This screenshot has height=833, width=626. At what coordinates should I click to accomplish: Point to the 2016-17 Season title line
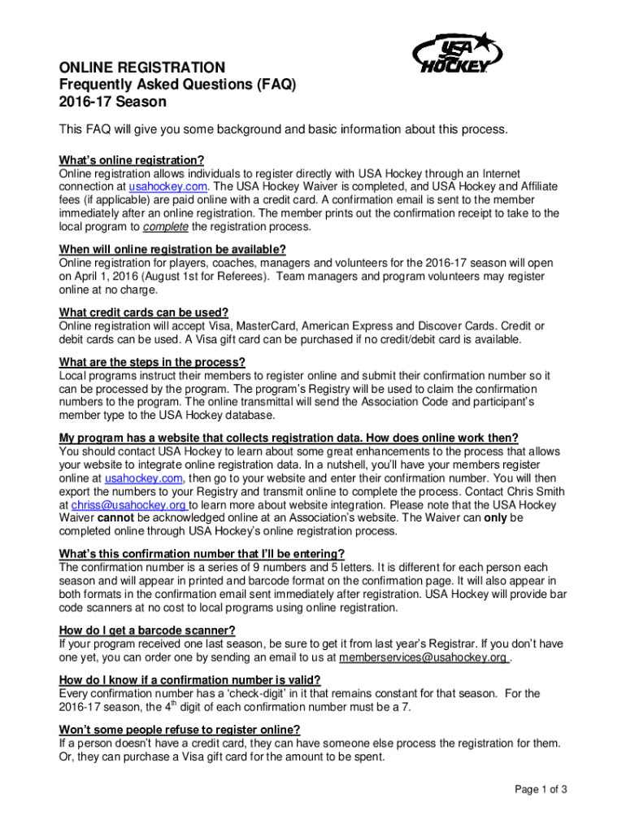pyautogui.click(x=113, y=102)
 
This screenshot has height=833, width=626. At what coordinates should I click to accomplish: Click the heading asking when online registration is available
pyautogui.click(x=172, y=249)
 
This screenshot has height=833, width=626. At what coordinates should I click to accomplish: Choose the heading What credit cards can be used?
pyautogui.click(x=144, y=312)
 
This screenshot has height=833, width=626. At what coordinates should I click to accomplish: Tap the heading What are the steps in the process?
pyautogui.click(x=152, y=362)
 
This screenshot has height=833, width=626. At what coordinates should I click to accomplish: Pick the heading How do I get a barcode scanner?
pyautogui.click(x=147, y=630)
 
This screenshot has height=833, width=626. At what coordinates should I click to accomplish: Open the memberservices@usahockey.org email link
pyautogui.click(x=424, y=656)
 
